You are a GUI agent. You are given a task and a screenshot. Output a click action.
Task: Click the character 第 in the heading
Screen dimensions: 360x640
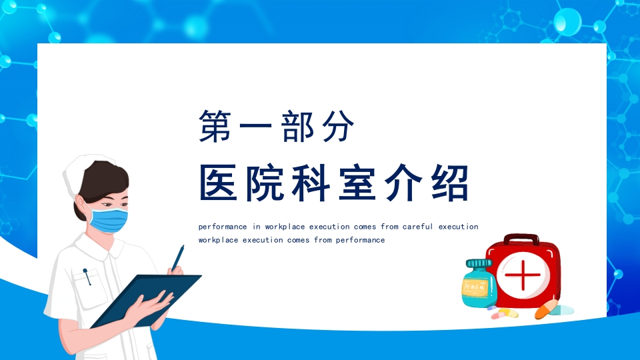(215, 126)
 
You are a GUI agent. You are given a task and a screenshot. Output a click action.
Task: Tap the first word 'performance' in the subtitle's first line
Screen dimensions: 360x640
(223, 227)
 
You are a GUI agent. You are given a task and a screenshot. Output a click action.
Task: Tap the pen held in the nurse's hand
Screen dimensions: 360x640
(178, 258)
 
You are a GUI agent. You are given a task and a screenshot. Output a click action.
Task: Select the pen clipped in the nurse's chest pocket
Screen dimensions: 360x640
(87, 276)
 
